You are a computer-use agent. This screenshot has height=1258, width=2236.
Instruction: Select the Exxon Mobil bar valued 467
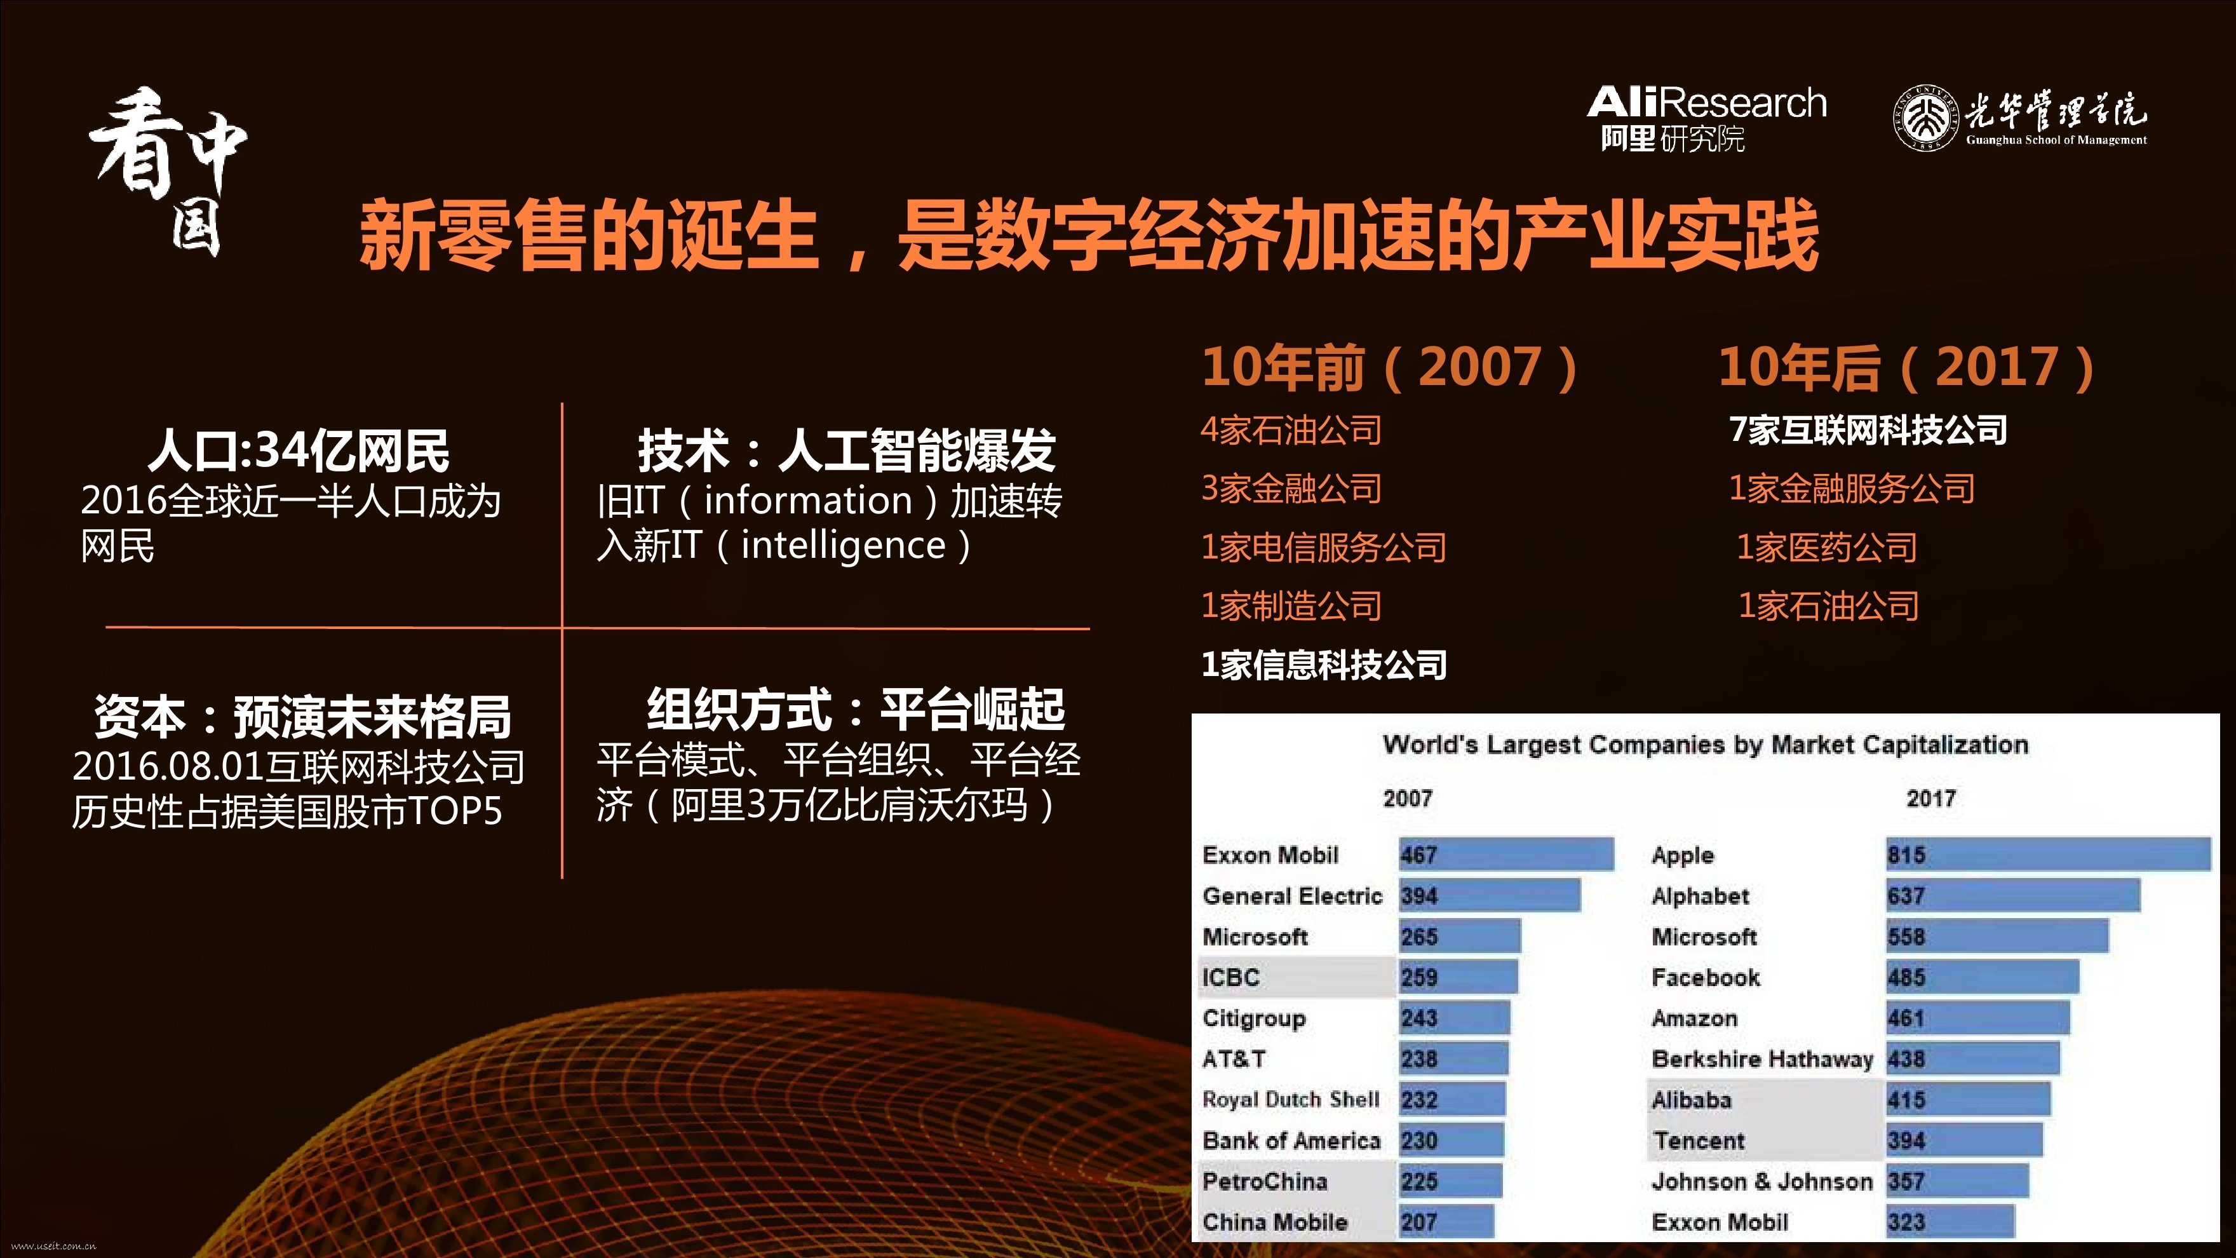[x=1506, y=855]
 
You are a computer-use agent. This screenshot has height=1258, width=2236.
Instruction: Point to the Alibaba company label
[x=1691, y=1100]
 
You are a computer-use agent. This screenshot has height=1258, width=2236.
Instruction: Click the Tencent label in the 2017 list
[x=1699, y=1141]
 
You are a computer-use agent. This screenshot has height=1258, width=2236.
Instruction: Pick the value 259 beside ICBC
[x=1418, y=978]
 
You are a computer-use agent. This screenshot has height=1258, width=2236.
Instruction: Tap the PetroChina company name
[x=1265, y=1182]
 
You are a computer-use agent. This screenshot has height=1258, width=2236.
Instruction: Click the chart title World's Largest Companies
[x=1705, y=745]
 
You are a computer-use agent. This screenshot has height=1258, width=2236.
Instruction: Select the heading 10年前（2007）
[x=1390, y=367]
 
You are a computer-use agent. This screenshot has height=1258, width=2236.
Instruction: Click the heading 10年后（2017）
[x=1907, y=367]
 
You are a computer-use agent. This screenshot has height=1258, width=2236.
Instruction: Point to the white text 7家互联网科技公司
[x=1868, y=429]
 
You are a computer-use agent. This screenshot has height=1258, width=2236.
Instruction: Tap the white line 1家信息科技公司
[x=1324, y=665]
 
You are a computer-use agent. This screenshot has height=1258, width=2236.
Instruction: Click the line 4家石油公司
[x=1291, y=429]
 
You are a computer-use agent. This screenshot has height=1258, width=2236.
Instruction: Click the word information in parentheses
[x=808, y=500]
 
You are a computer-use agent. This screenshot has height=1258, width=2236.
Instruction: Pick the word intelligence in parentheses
[x=843, y=545]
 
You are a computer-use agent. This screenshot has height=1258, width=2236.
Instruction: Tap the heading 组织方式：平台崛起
[x=856, y=708]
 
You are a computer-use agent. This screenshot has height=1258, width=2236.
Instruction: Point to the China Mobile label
[x=1274, y=1222]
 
